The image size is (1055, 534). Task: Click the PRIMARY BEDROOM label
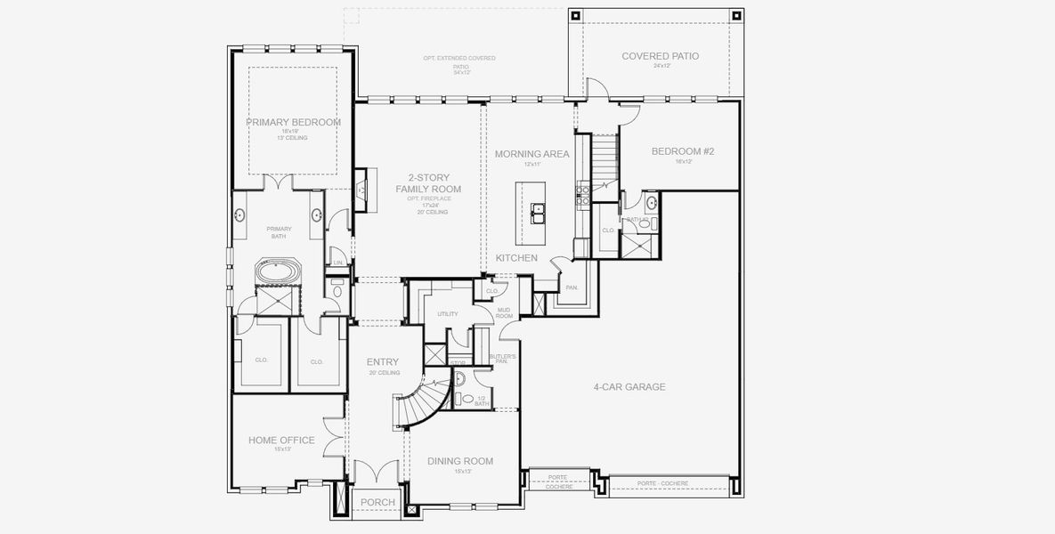[294, 122]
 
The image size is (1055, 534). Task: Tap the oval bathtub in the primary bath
[280, 271]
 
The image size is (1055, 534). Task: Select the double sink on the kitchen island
[539, 212]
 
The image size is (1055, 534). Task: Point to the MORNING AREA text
[532, 154]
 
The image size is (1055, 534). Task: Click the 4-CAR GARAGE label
[629, 387]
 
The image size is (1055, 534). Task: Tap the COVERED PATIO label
[660, 56]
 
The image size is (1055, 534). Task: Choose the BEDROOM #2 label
[683, 151]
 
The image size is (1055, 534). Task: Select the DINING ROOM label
[460, 461]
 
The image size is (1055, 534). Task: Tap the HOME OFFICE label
[281, 441]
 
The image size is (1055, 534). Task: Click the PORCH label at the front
[378, 503]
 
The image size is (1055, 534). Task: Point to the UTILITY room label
[448, 314]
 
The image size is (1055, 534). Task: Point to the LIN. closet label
[337, 262]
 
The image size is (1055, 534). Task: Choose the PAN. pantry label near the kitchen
[572, 287]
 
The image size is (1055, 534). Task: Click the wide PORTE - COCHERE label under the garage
[662, 483]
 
